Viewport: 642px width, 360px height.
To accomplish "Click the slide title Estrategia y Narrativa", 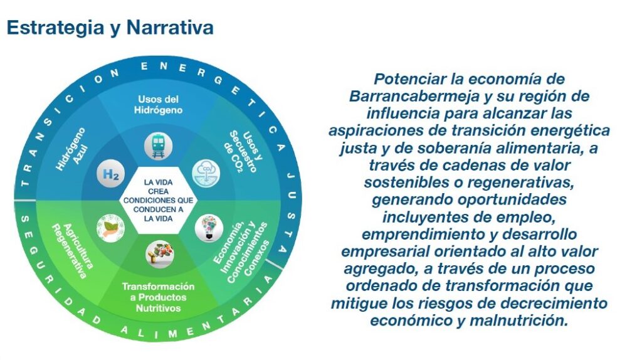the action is click(110, 28).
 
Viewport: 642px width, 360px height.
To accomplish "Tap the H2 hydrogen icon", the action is click(110, 174).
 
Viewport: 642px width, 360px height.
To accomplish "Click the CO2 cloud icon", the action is click(206, 174).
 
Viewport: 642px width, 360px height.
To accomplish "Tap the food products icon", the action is click(160, 255).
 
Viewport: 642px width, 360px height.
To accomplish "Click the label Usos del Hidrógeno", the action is click(159, 105).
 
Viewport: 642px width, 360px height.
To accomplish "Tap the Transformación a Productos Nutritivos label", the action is click(159, 297).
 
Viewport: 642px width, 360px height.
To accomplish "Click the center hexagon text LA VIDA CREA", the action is click(159, 187).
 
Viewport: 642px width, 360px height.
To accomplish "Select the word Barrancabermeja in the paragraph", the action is click(414, 96).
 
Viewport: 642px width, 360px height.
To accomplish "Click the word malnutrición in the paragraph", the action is click(518, 320).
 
